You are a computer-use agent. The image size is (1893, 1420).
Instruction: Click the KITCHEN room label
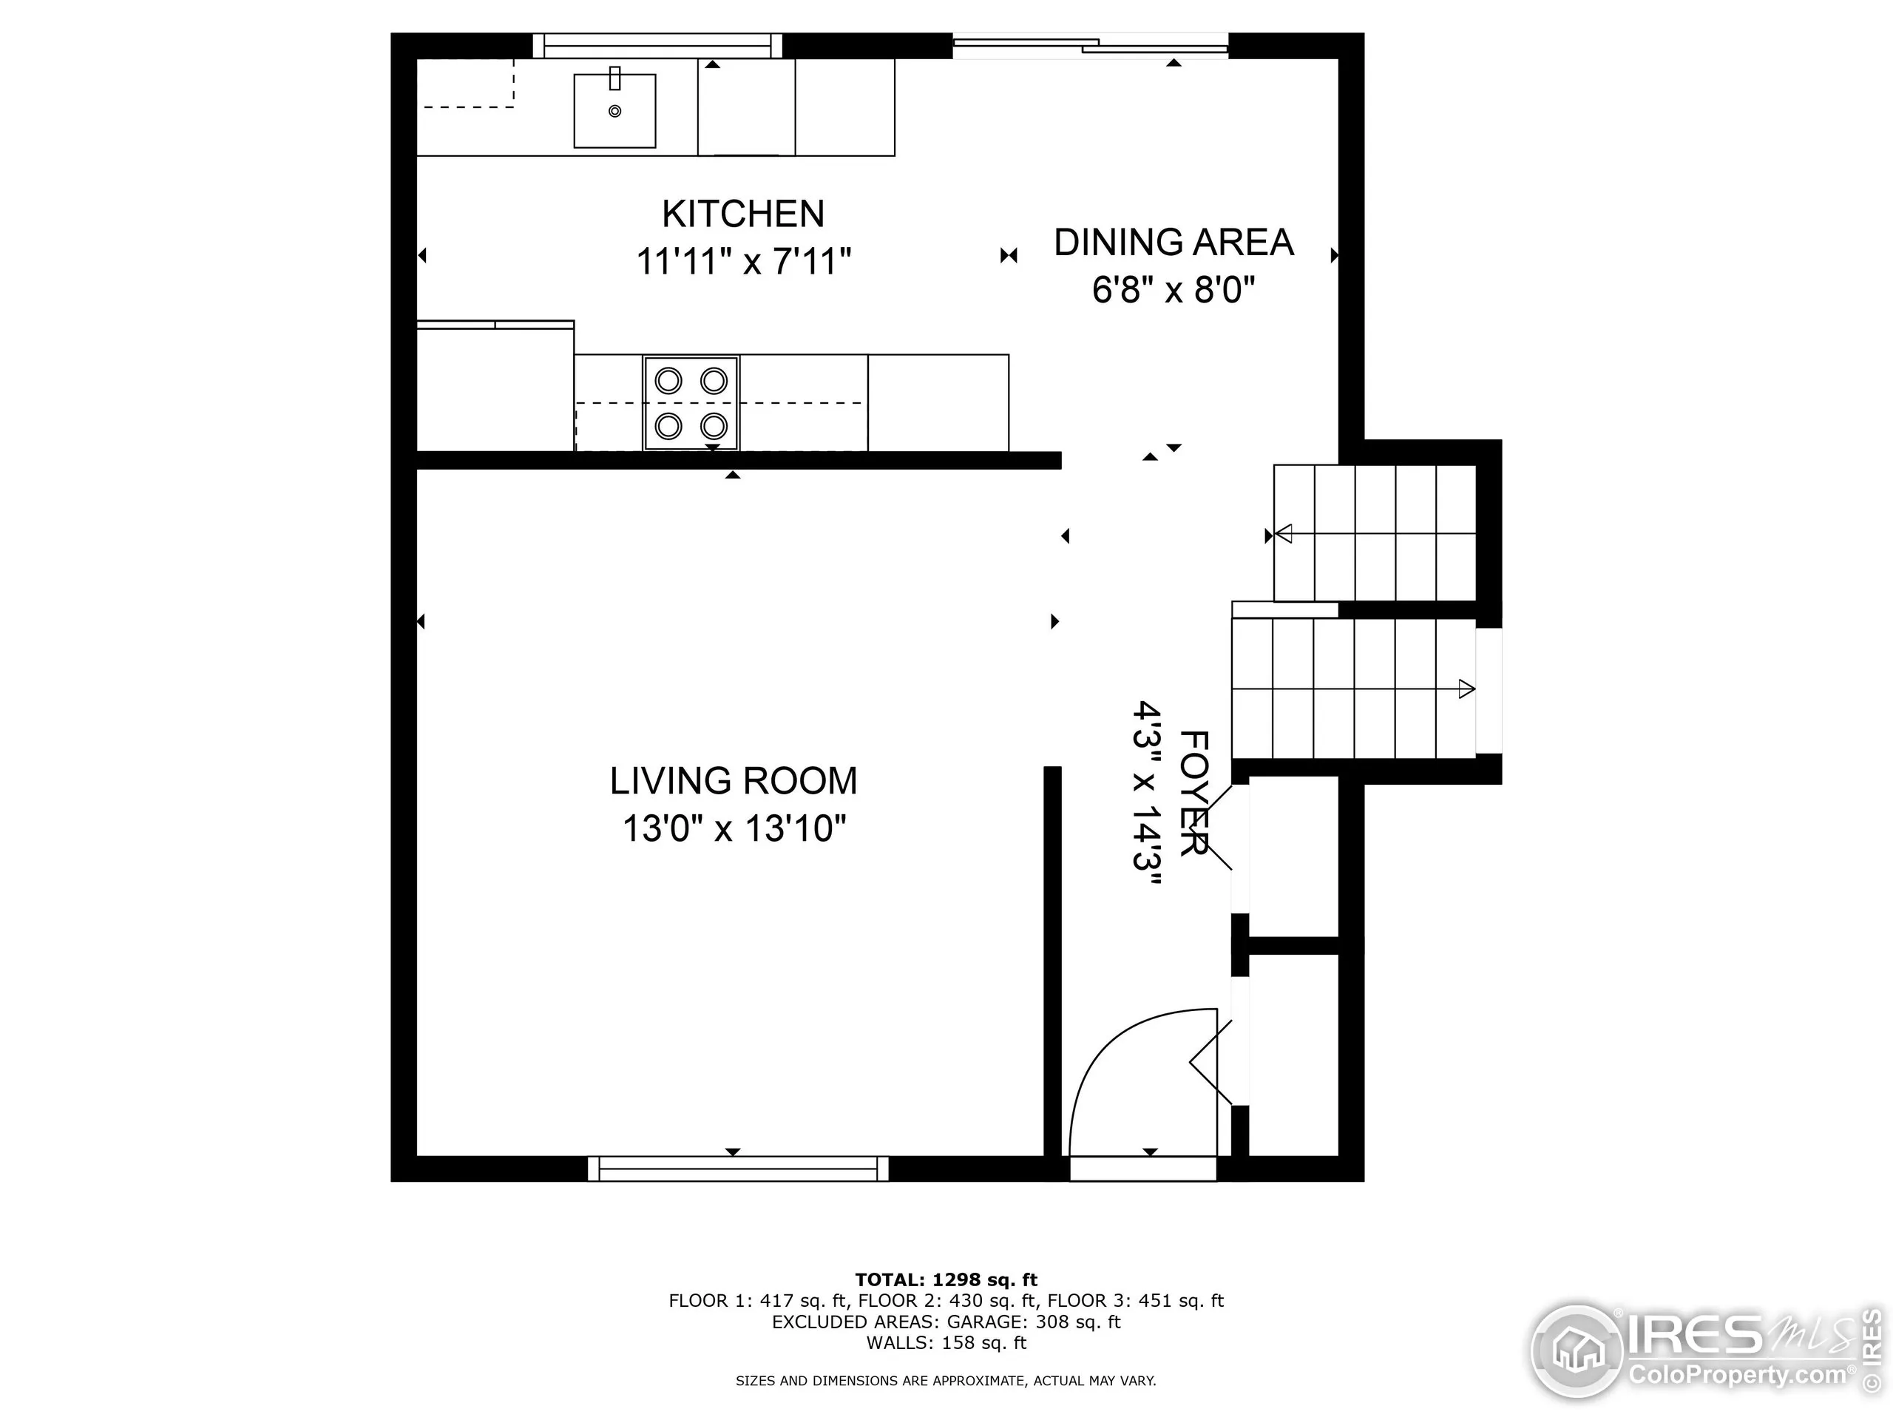[x=743, y=214]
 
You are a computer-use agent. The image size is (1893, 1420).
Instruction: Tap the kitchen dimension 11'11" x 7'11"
[x=743, y=261]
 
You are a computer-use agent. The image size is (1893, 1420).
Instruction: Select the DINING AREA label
[x=1174, y=243]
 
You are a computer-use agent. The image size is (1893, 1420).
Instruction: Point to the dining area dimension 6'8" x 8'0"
[x=1174, y=290]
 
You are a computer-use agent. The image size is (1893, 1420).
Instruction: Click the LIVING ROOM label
[x=734, y=780]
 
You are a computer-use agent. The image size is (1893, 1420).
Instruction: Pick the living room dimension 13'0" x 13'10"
[x=734, y=828]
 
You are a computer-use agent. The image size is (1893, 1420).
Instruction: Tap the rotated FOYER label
[x=1193, y=793]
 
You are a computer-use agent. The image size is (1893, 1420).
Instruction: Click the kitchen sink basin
[x=614, y=111]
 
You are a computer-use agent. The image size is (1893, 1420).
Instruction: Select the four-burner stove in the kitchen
[x=691, y=402]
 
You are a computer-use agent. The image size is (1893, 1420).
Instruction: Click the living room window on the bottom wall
[x=738, y=1169]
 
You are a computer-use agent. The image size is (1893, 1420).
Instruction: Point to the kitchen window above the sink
[x=657, y=45]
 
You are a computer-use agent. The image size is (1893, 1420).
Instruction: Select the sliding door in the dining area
[x=1091, y=45]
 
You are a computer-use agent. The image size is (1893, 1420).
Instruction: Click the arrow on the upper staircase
[x=1284, y=535]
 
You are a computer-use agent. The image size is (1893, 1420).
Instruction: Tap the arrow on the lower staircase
[x=1466, y=688]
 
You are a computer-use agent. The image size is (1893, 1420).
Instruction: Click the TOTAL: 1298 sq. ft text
[x=946, y=1279]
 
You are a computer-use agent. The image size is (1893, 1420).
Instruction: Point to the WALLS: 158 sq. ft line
[x=946, y=1342]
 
